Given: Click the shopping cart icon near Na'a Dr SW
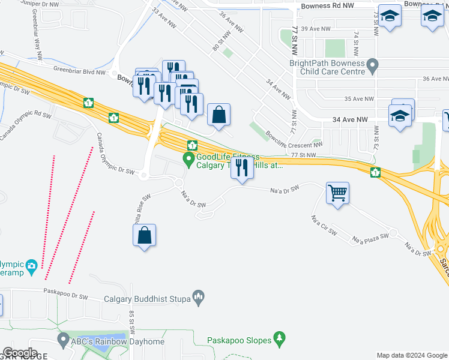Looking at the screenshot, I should click(x=338, y=194).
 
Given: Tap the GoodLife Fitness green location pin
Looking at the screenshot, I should click(x=188, y=160).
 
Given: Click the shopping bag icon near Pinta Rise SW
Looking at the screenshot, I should click(x=145, y=236).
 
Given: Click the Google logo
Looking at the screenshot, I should click(x=20, y=353).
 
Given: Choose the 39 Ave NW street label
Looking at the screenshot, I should click(x=316, y=29).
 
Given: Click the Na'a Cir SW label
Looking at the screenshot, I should click(x=325, y=225).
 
